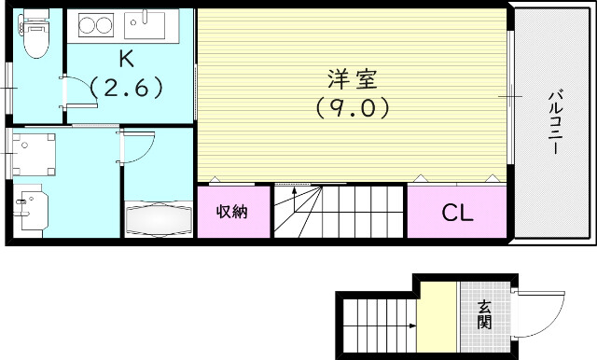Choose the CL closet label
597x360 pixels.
457,214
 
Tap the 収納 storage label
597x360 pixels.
232,212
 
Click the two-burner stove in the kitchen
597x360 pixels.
93,24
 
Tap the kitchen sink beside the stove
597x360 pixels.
145,24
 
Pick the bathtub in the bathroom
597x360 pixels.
158,219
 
